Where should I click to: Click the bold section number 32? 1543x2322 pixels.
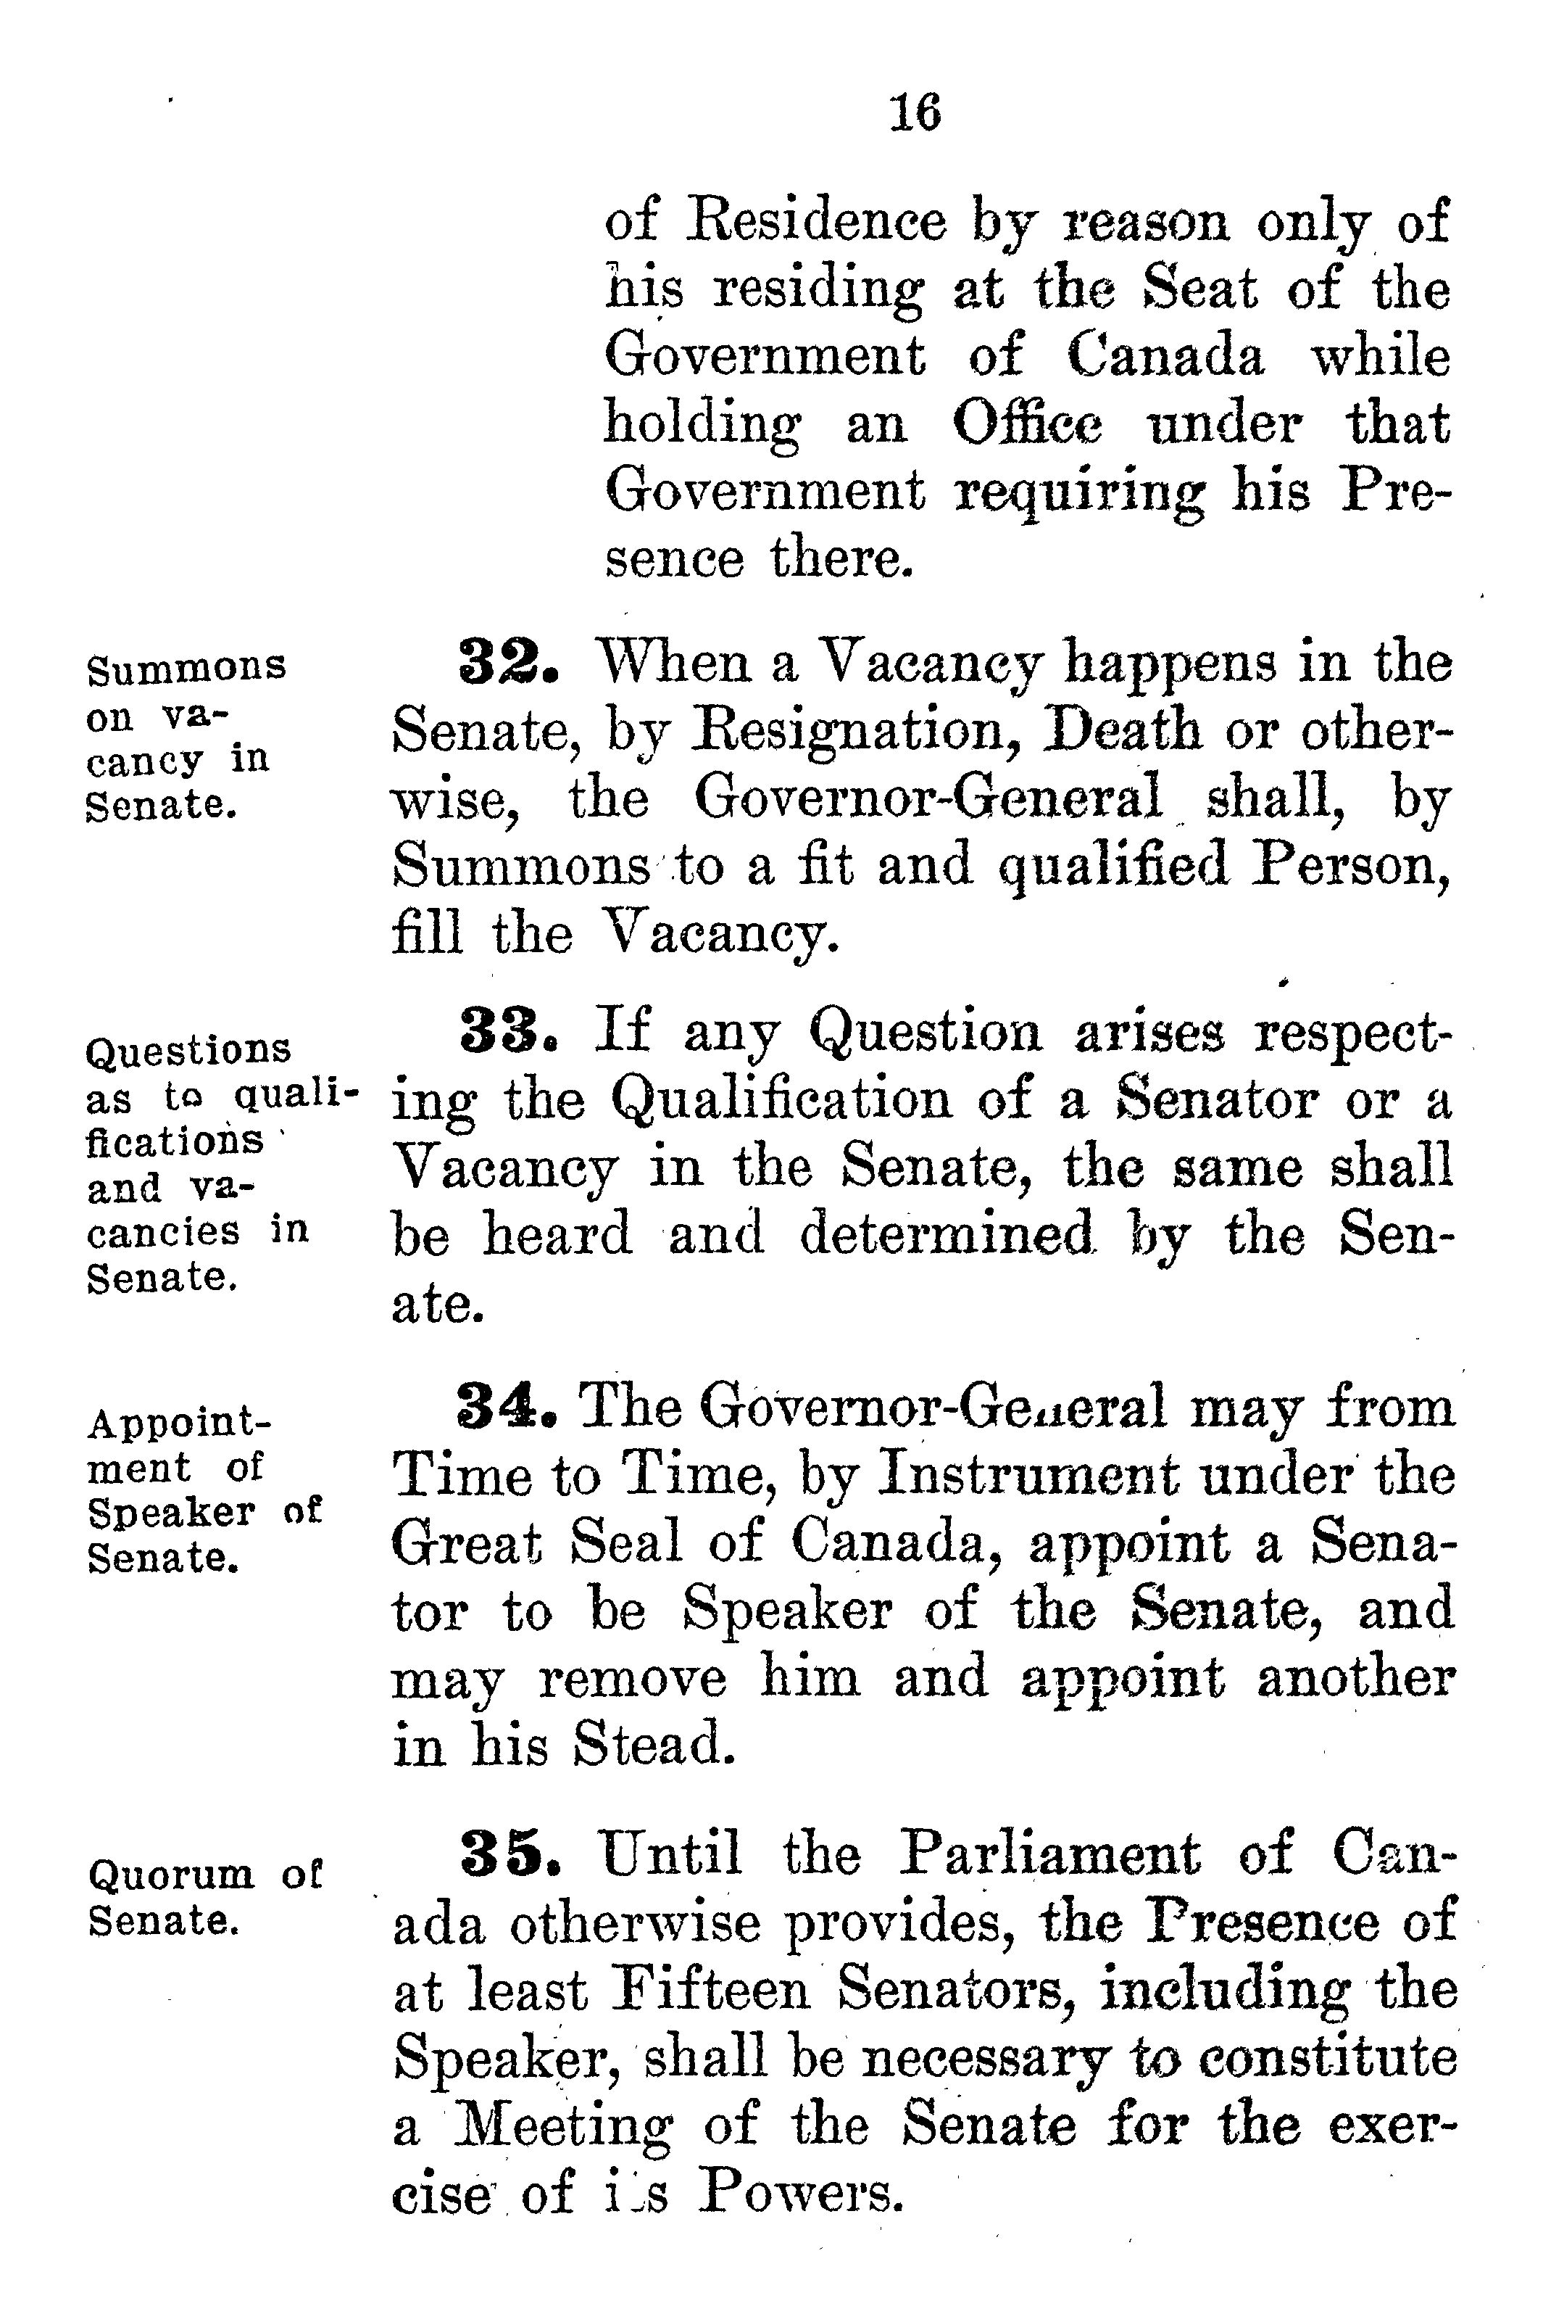pyautogui.click(x=509, y=662)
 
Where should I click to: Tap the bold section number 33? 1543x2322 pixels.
pyautogui.click(x=509, y=1033)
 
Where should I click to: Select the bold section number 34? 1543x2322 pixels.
pyautogui.click(x=508, y=1407)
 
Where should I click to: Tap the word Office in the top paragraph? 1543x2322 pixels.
pyautogui.click(x=1028, y=424)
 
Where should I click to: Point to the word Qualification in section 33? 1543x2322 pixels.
pyautogui.click(x=781, y=1102)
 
